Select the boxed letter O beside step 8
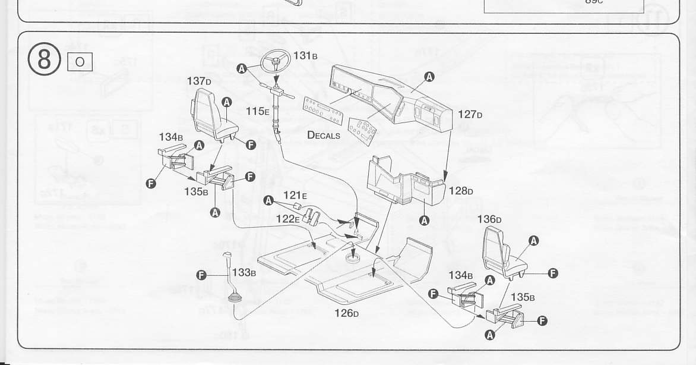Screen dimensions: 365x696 click(x=80, y=61)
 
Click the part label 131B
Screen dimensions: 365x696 click(x=306, y=56)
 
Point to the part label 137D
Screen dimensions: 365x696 click(x=200, y=80)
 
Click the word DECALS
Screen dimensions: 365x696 click(x=324, y=135)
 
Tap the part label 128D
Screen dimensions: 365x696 click(x=461, y=191)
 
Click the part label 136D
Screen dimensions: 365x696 click(x=490, y=219)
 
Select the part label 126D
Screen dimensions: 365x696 click(x=347, y=312)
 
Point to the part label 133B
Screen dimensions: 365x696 click(x=244, y=273)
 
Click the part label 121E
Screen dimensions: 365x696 click(x=295, y=195)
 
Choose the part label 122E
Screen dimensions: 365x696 click(x=288, y=218)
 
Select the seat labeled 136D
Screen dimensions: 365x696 click(x=502, y=253)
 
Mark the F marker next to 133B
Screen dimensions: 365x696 click(x=201, y=274)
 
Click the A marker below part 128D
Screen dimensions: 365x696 click(x=424, y=221)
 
